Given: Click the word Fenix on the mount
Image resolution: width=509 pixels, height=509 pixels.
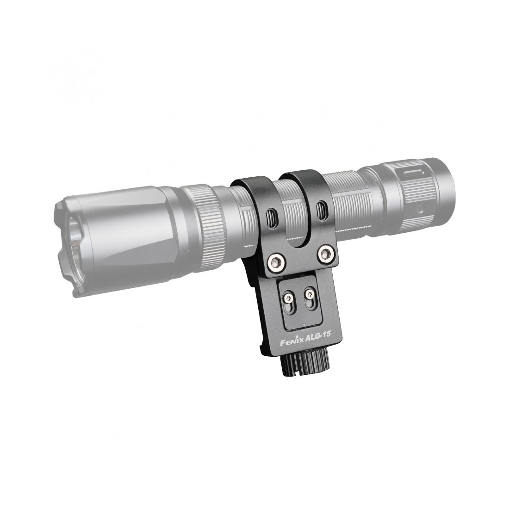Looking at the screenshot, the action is click(x=292, y=341).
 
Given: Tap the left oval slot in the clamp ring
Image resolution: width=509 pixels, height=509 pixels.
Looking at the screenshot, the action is click(x=271, y=216).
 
